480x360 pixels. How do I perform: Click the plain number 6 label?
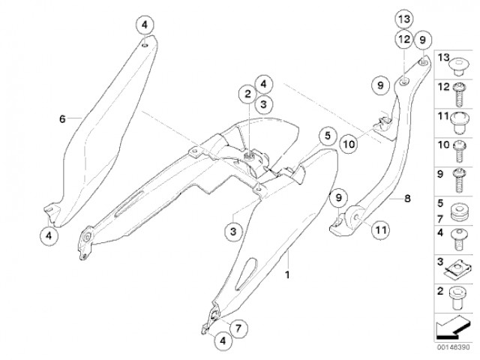click(x=62, y=118)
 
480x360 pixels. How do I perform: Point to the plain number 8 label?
click(x=407, y=199)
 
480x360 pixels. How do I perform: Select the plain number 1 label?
click(x=286, y=275)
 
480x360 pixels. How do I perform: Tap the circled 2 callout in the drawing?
click(x=245, y=94)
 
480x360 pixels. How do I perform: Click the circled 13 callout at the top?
click(x=403, y=18)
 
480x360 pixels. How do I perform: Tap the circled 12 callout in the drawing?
click(x=403, y=39)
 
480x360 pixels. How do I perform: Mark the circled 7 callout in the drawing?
click(x=237, y=328)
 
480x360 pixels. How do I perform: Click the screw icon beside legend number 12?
click(x=457, y=94)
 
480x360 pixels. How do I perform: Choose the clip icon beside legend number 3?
click(x=457, y=265)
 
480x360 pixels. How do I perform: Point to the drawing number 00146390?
click(x=451, y=346)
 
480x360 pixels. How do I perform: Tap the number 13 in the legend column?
click(x=442, y=58)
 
